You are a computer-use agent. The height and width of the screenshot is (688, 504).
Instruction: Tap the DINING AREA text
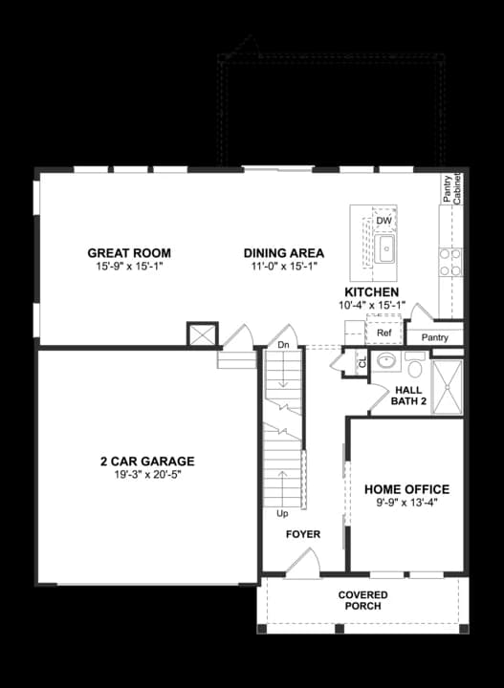click(x=283, y=253)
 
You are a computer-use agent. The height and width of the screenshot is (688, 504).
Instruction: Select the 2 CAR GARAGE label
click(x=146, y=461)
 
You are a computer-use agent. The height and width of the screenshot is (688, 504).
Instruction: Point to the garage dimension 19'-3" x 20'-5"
click(x=146, y=474)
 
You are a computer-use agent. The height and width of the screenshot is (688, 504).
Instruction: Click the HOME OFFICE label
click(x=406, y=489)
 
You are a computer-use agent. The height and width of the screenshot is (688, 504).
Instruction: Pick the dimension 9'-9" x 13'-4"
click(x=406, y=503)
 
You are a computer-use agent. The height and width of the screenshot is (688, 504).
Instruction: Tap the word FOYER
click(x=303, y=534)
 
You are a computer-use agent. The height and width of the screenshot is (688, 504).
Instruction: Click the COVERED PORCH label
click(x=362, y=601)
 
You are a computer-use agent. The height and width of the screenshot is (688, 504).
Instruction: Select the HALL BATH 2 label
click(x=409, y=395)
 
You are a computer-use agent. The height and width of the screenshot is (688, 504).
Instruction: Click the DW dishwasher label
click(x=383, y=222)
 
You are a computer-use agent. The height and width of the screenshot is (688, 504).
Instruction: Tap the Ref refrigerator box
click(x=383, y=333)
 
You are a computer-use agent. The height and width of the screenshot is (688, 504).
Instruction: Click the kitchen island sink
click(x=385, y=250)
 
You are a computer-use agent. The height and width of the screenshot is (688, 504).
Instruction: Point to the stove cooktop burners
click(x=449, y=262)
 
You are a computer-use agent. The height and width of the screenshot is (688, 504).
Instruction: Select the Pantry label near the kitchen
click(x=434, y=338)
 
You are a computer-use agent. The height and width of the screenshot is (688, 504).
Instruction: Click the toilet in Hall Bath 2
click(x=415, y=365)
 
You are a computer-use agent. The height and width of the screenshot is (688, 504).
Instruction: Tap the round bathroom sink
click(x=384, y=362)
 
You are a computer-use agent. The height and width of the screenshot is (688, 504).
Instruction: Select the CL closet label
click(x=362, y=362)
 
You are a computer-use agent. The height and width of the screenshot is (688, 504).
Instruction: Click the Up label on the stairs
click(x=282, y=513)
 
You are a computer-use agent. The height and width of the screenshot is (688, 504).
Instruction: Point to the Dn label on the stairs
click(x=284, y=344)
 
